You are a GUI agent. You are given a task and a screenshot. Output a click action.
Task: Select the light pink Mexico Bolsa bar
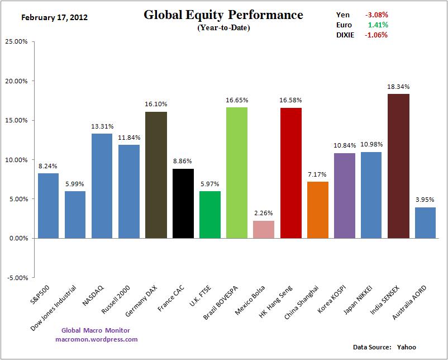click(264, 229)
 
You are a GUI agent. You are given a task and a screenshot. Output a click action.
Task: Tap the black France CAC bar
click(183, 203)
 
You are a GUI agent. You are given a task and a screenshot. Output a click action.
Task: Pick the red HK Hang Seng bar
click(290, 173)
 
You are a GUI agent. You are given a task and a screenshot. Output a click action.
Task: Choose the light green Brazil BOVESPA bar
click(237, 173)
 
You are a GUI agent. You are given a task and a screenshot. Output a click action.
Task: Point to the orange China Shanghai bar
click(317, 210)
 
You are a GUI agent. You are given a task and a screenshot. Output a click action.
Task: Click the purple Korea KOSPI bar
click(344, 196)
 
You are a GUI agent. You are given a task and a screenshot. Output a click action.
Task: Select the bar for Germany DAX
click(156, 175)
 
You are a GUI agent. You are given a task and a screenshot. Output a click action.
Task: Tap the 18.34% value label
click(398, 87)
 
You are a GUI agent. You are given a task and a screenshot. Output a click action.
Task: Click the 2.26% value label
click(264, 213)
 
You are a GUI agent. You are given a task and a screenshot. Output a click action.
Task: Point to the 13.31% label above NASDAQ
click(102, 126)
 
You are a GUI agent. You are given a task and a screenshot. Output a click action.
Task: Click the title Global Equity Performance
click(223, 15)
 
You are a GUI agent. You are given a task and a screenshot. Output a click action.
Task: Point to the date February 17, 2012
click(54, 17)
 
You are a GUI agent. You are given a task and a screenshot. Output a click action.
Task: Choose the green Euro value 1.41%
click(378, 25)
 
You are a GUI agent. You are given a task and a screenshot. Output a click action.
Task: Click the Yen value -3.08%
click(376, 15)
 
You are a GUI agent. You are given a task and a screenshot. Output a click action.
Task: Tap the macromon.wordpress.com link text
click(97, 339)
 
